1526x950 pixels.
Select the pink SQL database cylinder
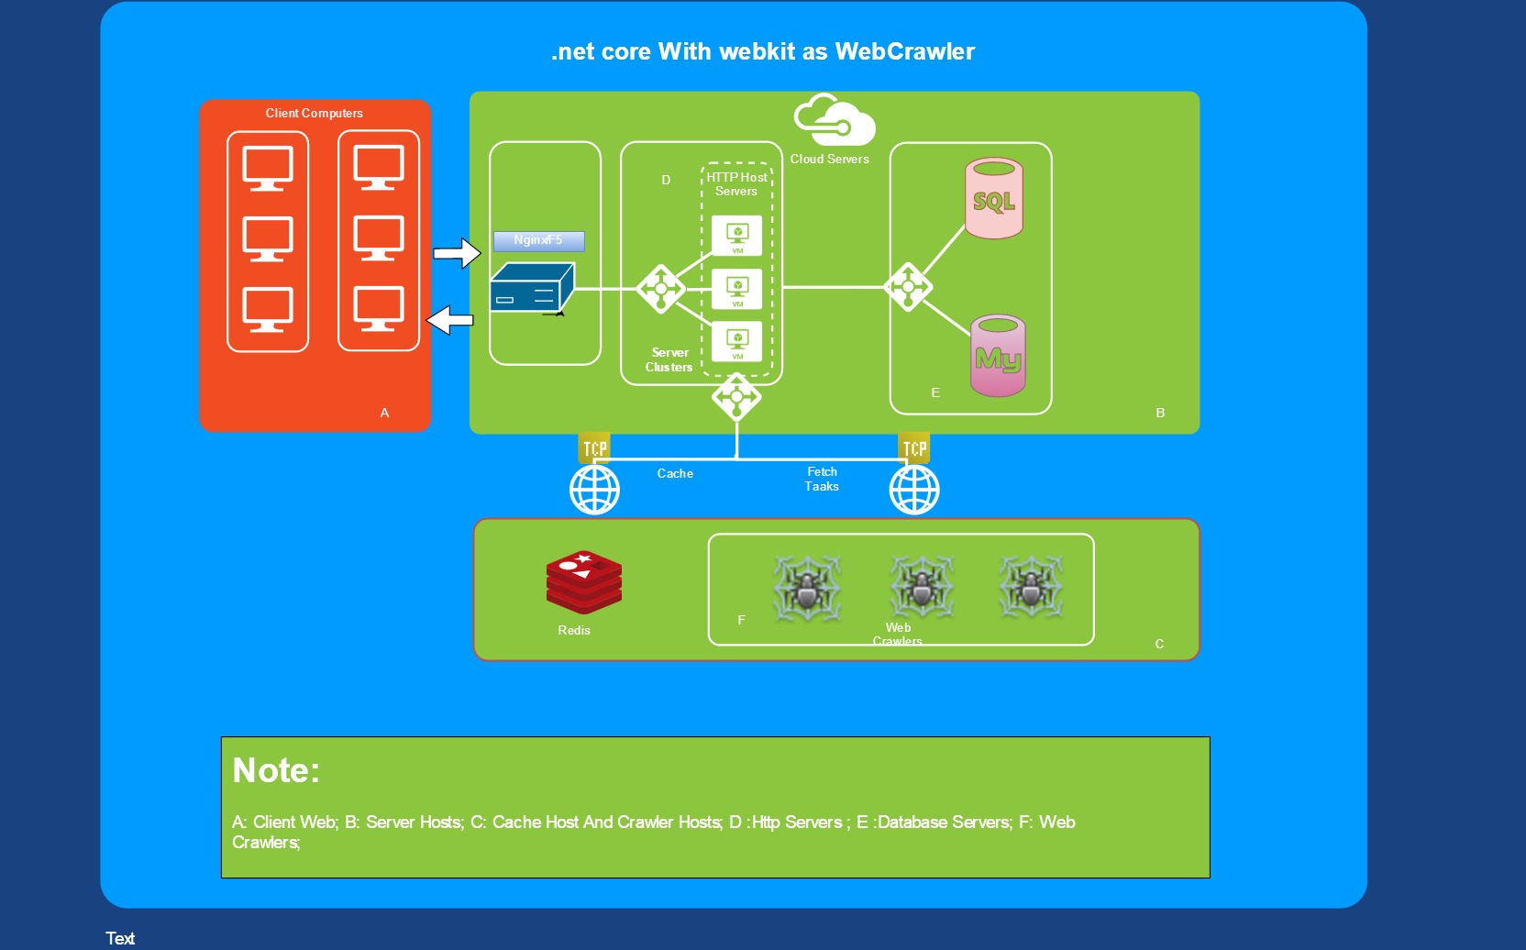(994, 199)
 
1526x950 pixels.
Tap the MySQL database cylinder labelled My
(998, 356)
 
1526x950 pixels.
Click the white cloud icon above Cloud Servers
(835, 120)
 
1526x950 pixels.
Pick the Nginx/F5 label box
(538, 240)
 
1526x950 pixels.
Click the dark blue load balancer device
(531, 288)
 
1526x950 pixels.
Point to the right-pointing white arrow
(457, 253)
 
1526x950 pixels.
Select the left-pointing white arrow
(450, 320)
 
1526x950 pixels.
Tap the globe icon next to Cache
(594, 490)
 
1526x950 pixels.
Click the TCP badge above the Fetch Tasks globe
(914, 447)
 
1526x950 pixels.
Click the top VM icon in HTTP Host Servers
(737, 236)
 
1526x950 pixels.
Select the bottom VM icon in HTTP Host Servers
(737, 342)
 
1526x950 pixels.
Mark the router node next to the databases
(908, 287)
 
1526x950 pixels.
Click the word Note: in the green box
(276, 770)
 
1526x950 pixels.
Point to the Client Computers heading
(315, 114)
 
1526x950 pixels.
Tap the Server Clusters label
(669, 359)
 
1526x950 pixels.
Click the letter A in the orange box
(384, 414)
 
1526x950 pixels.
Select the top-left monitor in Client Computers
(268, 168)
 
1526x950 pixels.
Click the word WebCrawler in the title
(904, 51)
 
